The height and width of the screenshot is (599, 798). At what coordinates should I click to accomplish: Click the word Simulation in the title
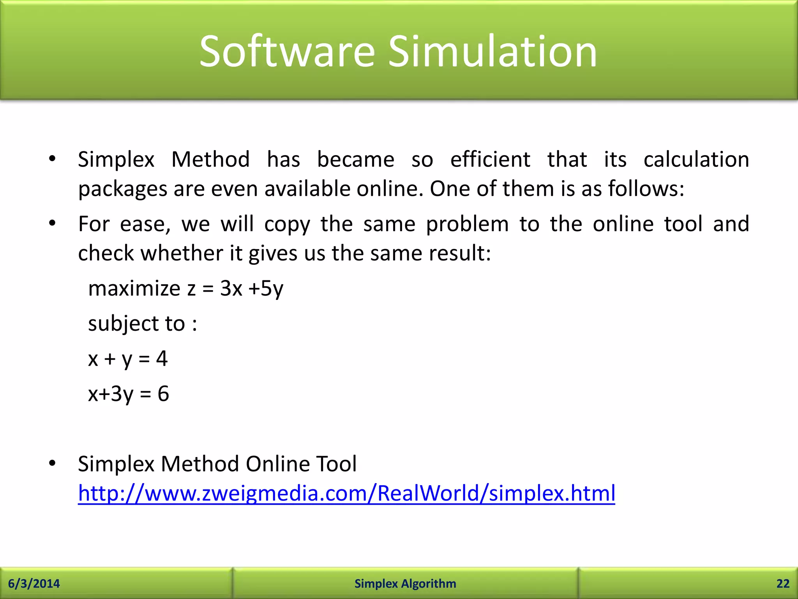[x=493, y=51]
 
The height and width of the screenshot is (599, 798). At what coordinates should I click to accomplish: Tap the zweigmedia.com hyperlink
[x=346, y=493]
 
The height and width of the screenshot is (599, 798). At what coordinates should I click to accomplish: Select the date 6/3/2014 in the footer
[x=34, y=583]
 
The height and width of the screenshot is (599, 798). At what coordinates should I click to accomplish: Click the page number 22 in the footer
[x=783, y=583]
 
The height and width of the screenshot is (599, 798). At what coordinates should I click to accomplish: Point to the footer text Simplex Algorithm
[x=405, y=583]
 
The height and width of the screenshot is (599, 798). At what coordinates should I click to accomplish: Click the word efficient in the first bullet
[x=490, y=159]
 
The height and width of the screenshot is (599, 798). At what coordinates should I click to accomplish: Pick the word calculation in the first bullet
[x=696, y=159]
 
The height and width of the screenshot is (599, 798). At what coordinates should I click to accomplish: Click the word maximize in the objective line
[x=134, y=289]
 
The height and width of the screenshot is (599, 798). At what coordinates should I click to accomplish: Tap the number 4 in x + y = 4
[x=162, y=358]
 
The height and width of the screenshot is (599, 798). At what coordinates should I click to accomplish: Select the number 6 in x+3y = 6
[x=163, y=393]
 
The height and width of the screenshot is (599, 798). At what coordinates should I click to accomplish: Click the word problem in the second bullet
[x=467, y=224]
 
